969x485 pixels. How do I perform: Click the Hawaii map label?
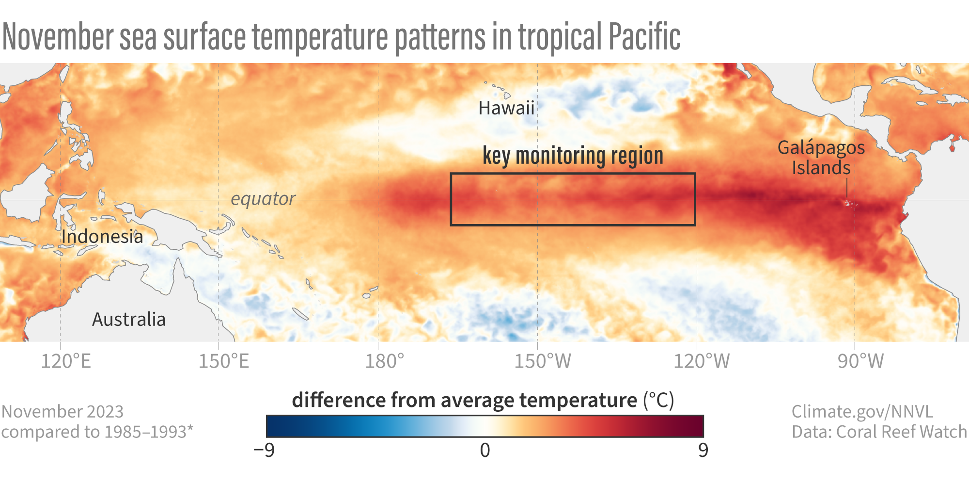[x=506, y=108]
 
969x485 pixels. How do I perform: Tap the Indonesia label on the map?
[x=102, y=237]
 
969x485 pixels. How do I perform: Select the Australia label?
[x=129, y=320]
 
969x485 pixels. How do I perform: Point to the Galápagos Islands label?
[x=821, y=158]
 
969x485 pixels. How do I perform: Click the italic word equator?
[x=263, y=199]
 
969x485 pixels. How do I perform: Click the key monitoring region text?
[x=573, y=156]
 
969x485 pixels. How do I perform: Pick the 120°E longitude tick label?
[x=66, y=361]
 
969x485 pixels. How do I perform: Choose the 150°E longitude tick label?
[x=224, y=361]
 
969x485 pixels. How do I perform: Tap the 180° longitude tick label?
[x=384, y=361]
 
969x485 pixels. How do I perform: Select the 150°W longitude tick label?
[x=543, y=361]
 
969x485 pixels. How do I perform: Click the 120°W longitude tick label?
[x=702, y=361]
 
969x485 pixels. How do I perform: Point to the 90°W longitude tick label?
[x=860, y=361]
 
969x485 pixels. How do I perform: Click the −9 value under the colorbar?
[x=264, y=450]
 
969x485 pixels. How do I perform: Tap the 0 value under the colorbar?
[x=485, y=450]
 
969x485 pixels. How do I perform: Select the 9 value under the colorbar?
[x=703, y=450]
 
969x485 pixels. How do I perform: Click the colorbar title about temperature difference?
[x=483, y=401]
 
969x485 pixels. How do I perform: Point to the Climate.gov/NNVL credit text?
[x=862, y=411]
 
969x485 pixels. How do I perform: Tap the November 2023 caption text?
[x=63, y=411]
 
